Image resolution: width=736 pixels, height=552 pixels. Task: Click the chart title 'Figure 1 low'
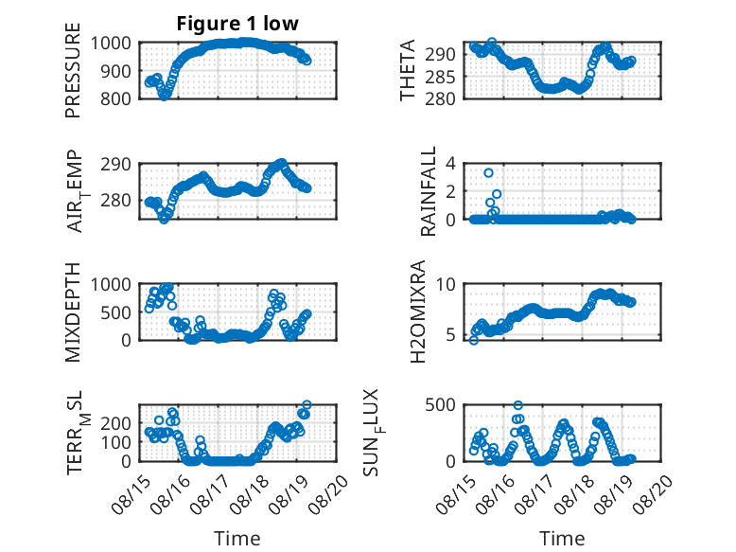tap(237, 24)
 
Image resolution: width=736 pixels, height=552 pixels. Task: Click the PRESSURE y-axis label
tap(73, 70)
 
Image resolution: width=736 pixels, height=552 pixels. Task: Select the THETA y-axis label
tap(408, 70)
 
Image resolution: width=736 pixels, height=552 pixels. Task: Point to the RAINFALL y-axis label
tap(429, 191)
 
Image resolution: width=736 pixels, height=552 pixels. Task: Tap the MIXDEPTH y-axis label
tap(73, 312)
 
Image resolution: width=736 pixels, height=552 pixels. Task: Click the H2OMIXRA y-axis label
tap(417, 312)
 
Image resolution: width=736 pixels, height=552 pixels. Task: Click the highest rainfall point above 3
tap(489, 173)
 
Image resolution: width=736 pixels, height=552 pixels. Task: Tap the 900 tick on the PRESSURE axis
tap(115, 71)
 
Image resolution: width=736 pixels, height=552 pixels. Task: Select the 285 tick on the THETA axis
tap(440, 77)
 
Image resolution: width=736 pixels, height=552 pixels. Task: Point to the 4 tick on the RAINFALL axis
tap(450, 164)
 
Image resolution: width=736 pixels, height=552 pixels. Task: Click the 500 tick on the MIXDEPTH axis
tap(115, 312)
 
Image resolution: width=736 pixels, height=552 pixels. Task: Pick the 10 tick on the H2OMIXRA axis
tap(446, 284)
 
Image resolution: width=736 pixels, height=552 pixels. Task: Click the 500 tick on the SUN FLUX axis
tap(440, 405)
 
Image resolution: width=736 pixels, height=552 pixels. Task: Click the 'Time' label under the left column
tap(237, 539)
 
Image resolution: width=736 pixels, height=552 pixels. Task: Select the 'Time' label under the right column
tap(562, 539)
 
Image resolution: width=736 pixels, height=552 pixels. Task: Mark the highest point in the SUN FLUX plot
tap(518, 405)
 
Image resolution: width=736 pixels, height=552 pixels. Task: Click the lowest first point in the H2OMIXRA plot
tap(474, 341)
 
